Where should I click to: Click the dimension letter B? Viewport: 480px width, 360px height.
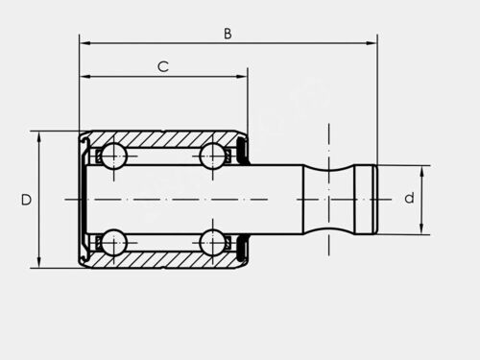[x=228, y=34]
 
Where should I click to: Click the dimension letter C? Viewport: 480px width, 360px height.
[x=163, y=66]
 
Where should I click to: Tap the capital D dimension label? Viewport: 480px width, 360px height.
[x=26, y=200]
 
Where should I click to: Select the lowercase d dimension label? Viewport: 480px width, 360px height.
[x=409, y=198]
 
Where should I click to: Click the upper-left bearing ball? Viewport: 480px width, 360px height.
[x=114, y=156]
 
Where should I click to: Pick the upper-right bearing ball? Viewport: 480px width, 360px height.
[x=212, y=156]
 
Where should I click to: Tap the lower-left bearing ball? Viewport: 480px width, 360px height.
[x=114, y=242]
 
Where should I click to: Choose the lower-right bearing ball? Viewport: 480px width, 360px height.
[x=212, y=242]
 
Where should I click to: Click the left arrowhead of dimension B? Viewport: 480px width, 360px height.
[x=84, y=43]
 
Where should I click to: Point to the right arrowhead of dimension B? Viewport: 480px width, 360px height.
[x=372, y=43]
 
